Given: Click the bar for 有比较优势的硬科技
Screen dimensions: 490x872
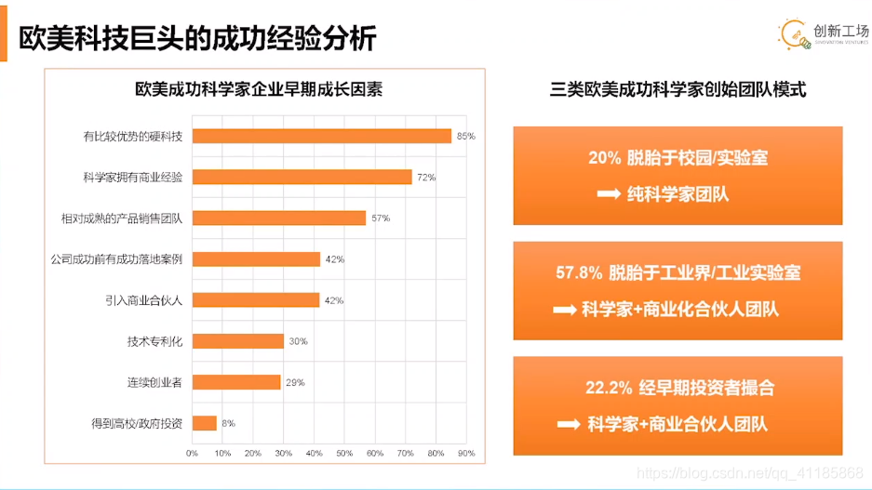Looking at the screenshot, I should pyautogui.click(x=321, y=136).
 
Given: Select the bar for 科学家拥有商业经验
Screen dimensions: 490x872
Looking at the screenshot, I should pyautogui.click(x=302, y=177).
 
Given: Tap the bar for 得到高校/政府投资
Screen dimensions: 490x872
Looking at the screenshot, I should pyautogui.click(x=205, y=423).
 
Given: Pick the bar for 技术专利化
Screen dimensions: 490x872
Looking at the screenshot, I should pyautogui.click(x=238, y=341).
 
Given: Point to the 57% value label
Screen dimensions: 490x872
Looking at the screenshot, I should pyautogui.click(x=380, y=218).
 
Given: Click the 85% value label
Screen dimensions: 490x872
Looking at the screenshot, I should pyautogui.click(x=465, y=136).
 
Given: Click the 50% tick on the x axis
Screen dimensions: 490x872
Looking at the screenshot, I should pyautogui.click(x=344, y=453).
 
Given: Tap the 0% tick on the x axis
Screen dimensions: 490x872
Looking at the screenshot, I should pyautogui.click(x=193, y=453).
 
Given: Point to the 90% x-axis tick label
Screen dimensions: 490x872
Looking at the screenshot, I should pyautogui.click(x=466, y=453).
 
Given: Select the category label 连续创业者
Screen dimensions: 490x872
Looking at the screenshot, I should pyautogui.click(x=154, y=382).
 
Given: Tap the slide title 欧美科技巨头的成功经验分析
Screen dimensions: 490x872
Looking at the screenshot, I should pyautogui.click(x=197, y=38).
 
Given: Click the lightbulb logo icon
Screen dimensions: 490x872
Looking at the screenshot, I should pyautogui.click(x=793, y=34).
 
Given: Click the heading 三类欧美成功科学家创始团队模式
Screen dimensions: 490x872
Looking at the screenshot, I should pyautogui.click(x=677, y=90).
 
